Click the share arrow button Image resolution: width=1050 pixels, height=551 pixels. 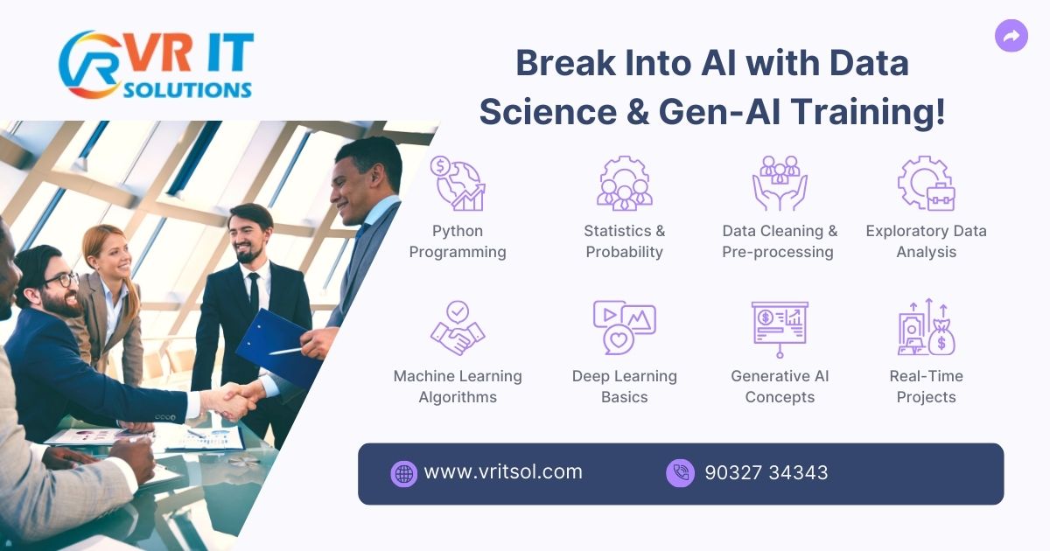[x=1011, y=36]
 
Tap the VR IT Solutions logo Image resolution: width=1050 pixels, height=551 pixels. [x=156, y=66]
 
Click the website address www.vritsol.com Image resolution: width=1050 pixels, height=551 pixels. [x=502, y=472]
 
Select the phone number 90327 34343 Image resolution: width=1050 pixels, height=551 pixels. [x=766, y=473]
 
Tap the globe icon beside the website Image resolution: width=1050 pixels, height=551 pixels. [x=403, y=473]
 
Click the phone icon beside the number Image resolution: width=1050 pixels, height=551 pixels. [x=680, y=473]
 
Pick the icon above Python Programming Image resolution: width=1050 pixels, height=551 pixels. [x=458, y=183]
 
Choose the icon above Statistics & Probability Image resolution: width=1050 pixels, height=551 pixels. [x=624, y=183]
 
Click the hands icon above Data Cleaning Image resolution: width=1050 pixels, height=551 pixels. [x=780, y=183]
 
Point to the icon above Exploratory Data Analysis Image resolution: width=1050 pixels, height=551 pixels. [x=926, y=183]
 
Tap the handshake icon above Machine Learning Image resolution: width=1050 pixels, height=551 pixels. [x=458, y=328]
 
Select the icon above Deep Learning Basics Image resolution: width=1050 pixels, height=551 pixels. [x=624, y=328]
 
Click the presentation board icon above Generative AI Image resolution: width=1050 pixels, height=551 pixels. [x=780, y=328]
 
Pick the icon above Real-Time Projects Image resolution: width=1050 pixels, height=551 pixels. [x=926, y=328]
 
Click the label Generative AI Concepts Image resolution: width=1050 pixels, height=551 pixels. [x=780, y=387]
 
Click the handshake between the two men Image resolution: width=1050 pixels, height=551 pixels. [x=231, y=401]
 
